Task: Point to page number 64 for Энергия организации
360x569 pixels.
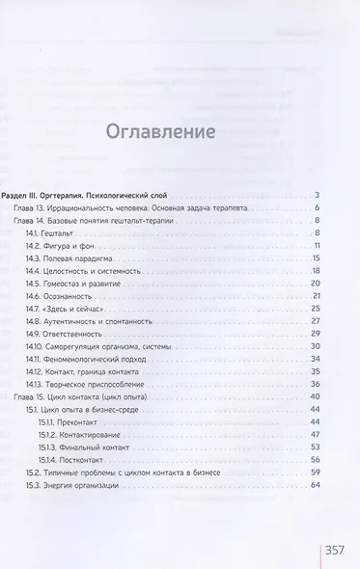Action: pyautogui.click(x=315, y=484)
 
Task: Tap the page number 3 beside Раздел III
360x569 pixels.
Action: pyautogui.click(x=317, y=196)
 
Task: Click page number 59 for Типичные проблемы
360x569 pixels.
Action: pyautogui.click(x=315, y=472)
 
